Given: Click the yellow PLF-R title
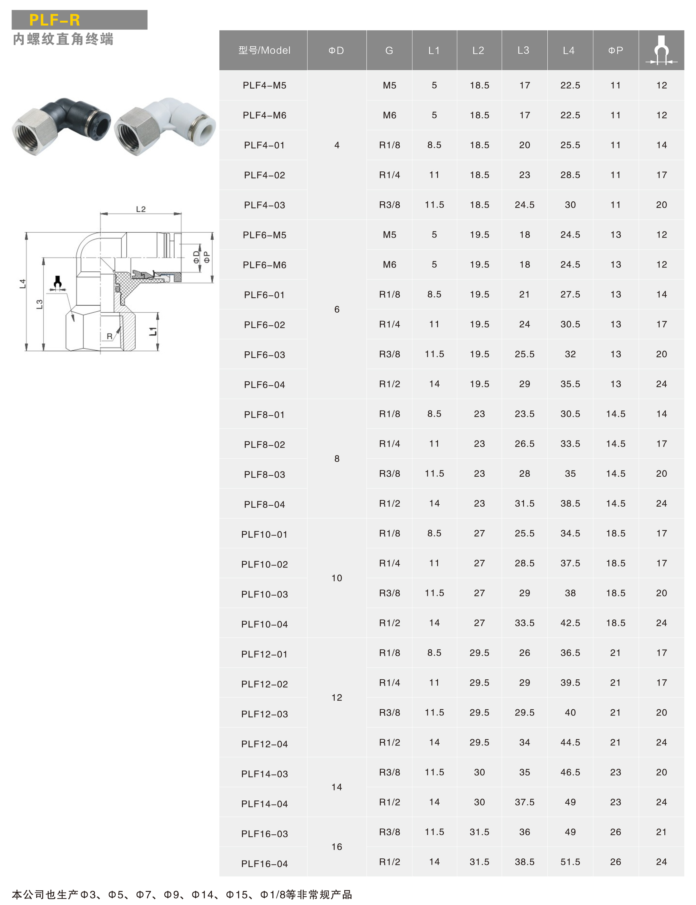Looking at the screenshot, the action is [55, 20].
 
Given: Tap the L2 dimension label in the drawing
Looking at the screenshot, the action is [141, 209].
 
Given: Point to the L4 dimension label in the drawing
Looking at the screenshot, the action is [23, 284].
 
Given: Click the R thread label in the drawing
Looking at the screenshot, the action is [109, 336].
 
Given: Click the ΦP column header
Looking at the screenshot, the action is [616, 51].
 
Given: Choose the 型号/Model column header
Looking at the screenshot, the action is [264, 51].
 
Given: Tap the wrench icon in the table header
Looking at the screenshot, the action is [661, 51].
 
